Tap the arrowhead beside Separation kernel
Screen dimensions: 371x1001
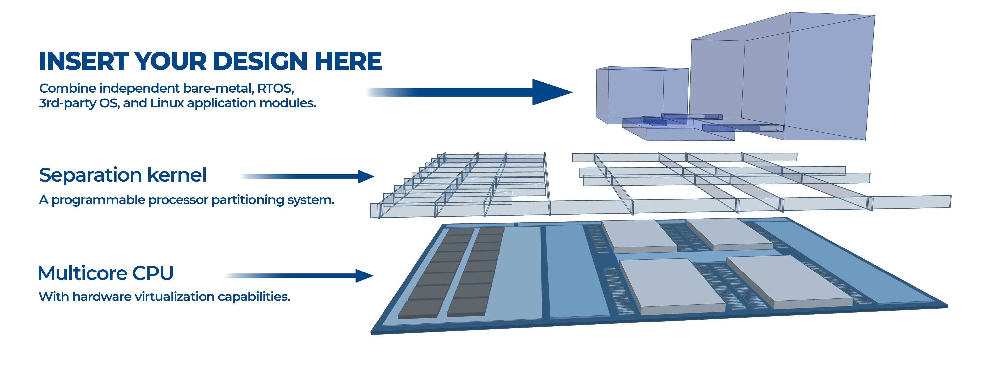tap(365, 176)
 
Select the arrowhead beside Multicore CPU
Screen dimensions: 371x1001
tap(364, 276)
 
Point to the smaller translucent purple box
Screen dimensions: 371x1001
tap(641, 93)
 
